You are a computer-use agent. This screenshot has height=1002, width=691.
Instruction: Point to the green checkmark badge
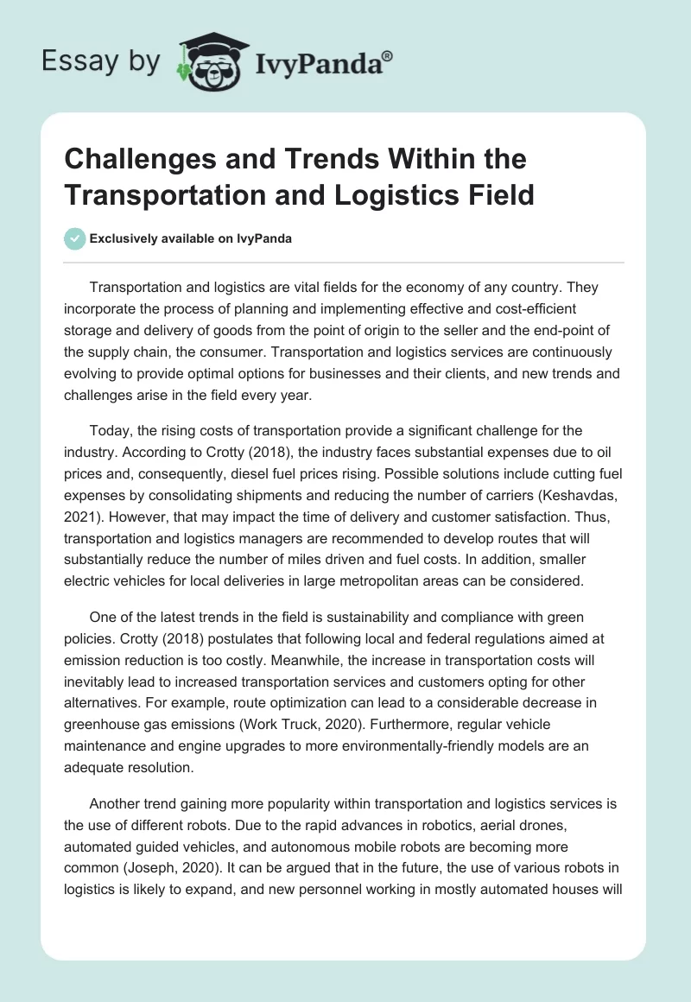point(74,238)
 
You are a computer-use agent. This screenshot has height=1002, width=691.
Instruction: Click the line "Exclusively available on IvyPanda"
point(190,238)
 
